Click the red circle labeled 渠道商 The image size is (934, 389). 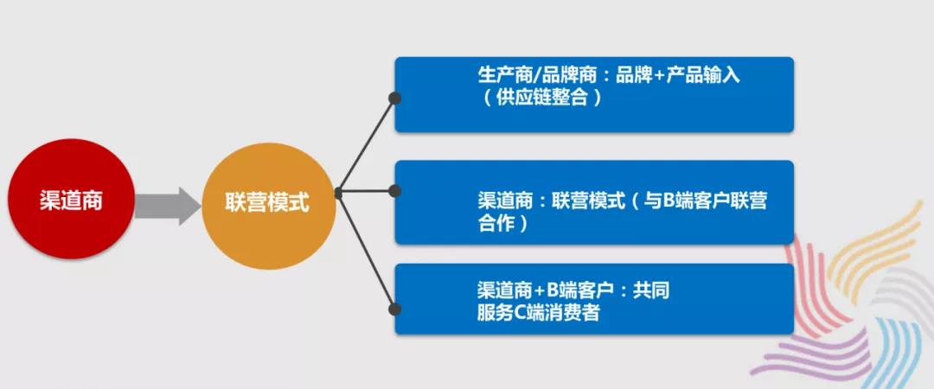click(x=71, y=199)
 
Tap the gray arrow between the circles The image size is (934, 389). click(x=168, y=206)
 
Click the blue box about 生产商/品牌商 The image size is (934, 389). click(x=594, y=95)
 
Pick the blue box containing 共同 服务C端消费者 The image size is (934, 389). click(x=594, y=299)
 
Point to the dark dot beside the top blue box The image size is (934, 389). click(x=393, y=98)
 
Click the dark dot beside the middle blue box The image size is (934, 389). click(x=393, y=191)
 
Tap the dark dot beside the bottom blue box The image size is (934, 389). click(x=393, y=309)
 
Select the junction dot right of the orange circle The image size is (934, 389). click(x=338, y=193)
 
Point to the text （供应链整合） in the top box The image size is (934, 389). click(x=542, y=98)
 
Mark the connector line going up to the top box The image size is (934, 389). click(x=366, y=145)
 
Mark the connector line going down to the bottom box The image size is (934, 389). click(x=366, y=252)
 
